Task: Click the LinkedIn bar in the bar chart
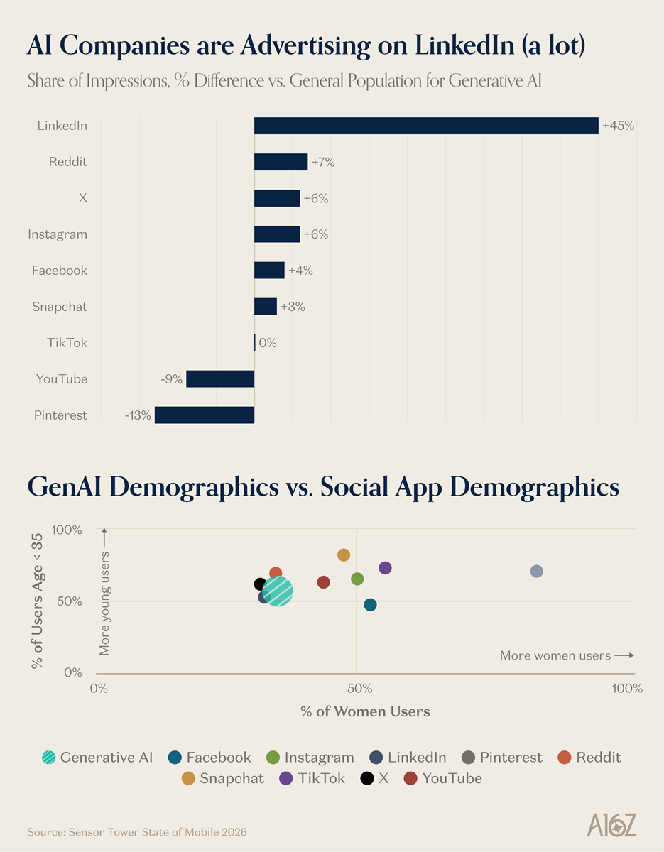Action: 426,126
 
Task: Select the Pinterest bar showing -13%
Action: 205,415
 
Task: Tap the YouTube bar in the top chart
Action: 220,379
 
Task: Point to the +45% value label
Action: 618,126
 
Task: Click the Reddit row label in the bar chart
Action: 68,162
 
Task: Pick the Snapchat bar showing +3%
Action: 266,307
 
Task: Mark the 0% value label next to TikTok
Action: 268,343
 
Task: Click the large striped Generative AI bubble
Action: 278,591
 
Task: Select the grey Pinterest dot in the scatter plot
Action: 537,572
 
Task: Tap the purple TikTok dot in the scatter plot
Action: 386,568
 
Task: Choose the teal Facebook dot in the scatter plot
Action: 370,605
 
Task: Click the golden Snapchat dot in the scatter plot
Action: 344,555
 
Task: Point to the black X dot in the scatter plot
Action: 260,584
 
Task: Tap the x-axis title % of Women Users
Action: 365,711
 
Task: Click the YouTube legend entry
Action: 442,778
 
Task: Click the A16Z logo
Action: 611,825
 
